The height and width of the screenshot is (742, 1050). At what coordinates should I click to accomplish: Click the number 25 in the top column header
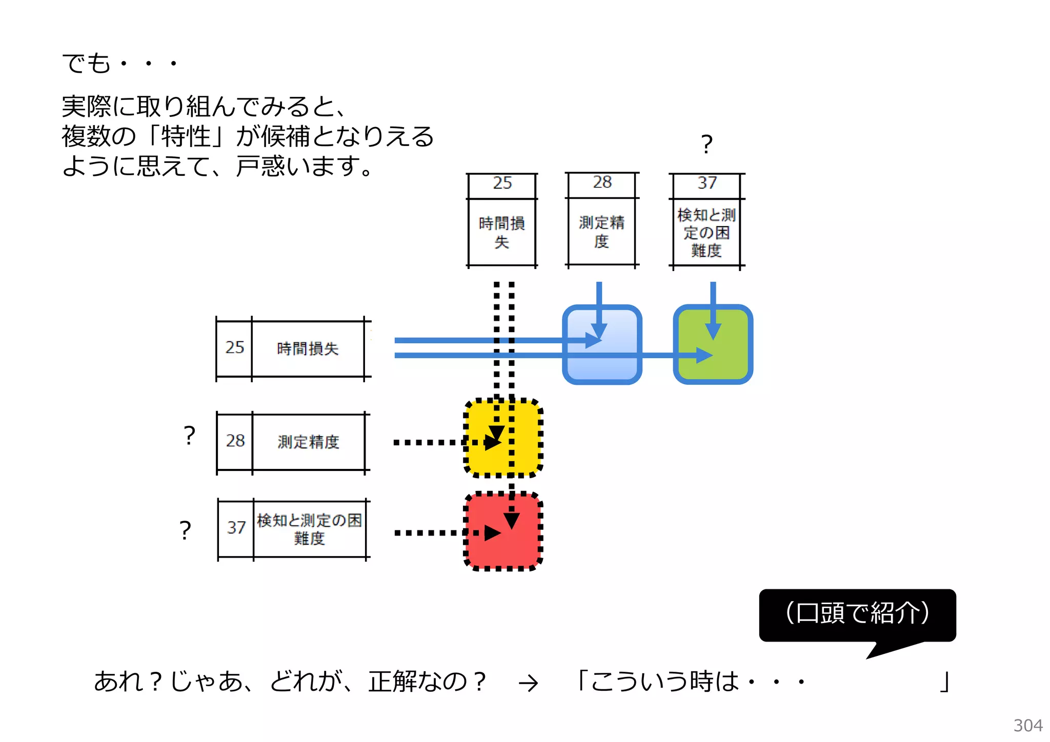(x=502, y=183)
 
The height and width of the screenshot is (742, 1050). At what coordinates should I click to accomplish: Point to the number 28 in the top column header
(x=602, y=182)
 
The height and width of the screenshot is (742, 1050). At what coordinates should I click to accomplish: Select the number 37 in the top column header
(x=706, y=183)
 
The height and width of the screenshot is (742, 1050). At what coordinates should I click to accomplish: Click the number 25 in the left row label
(x=235, y=347)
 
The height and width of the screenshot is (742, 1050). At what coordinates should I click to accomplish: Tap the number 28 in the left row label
(x=235, y=441)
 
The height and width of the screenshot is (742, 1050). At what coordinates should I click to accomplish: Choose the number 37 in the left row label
(x=236, y=528)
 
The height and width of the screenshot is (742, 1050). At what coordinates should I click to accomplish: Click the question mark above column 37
(x=706, y=145)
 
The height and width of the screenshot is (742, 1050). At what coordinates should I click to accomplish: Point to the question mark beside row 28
(x=189, y=436)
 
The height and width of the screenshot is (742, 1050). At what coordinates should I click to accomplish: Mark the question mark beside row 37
(x=185, y=530)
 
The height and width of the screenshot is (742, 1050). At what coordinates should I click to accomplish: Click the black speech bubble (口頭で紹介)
(x=857, y=614)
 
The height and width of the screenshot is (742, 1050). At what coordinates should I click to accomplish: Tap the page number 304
(x=1027, y=726)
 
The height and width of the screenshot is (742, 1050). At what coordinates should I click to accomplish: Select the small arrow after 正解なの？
(x=528, y=683)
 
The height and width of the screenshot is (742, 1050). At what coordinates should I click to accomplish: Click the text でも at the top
(x=86, y=64)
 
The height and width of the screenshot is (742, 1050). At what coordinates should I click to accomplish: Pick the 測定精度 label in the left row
(x=308, y=442)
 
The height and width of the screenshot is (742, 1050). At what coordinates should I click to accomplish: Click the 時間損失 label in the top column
(x=501, y=232)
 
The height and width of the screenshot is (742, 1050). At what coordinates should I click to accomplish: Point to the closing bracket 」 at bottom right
(x=944, y=682)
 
